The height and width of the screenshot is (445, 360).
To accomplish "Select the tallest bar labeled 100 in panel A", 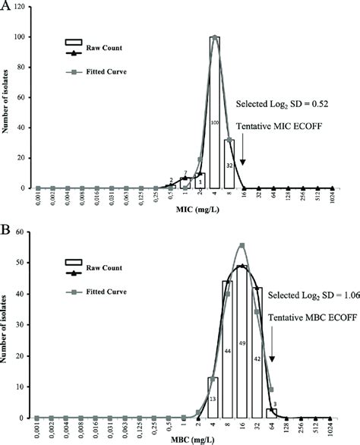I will (215, 122).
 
